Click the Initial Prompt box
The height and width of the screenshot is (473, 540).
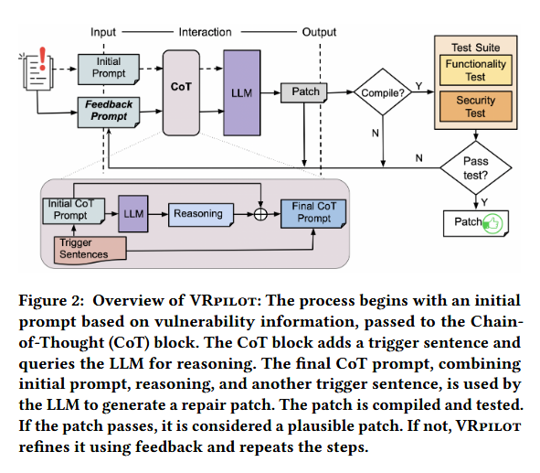point(109,69)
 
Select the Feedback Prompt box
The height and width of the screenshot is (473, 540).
point(109,113)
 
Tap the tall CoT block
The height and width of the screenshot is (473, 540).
point(181,92)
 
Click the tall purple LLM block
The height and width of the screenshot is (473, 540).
point(242,92)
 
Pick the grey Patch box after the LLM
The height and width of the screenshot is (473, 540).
point(303,92)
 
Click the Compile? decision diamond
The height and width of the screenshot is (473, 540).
point(383,92)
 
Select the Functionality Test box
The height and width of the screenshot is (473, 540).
point(476,70)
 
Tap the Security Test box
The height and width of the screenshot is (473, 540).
point(476,106)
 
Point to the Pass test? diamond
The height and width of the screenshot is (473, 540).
point(476,168)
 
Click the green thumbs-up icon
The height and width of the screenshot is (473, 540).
point(492,224)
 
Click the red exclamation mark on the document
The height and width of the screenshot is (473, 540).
point(42,59)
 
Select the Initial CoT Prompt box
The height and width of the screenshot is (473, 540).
point(74,210)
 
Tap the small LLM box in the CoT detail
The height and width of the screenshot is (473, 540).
point(133,214)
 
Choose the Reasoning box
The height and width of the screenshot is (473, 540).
point(201,214)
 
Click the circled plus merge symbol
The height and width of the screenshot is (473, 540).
point(260,214)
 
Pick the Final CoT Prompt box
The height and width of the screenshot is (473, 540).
point(313,214)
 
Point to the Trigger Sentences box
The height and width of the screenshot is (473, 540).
point(90,250)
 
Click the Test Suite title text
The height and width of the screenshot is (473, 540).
point(476,48)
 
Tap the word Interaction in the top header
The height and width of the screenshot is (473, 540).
point(205,32)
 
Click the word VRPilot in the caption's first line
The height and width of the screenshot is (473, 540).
point(224,300)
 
